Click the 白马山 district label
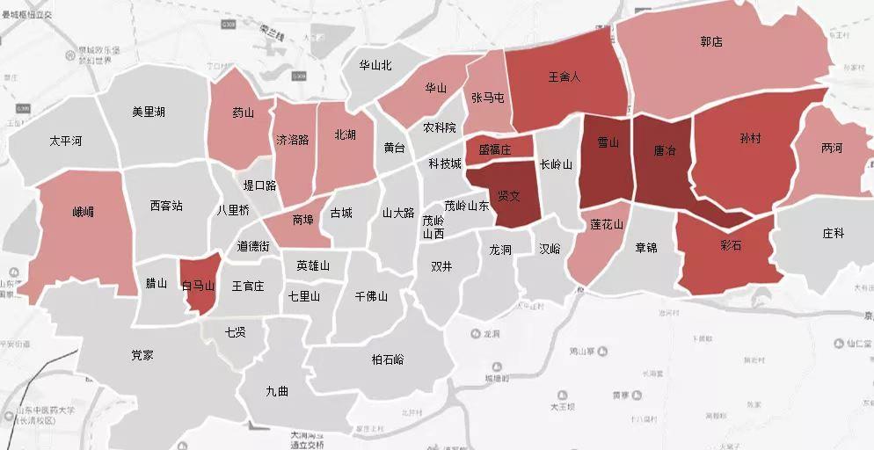point(199,286)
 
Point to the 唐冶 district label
point(666,151)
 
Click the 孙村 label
point(750,139)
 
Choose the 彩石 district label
point(731,246)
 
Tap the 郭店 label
point(711,41)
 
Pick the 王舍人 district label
point(564,76)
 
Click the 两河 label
point(832,148)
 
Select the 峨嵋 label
point(84,212)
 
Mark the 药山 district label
point(243,112)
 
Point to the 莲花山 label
point(607,225)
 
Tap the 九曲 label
point(277,391)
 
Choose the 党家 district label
point(142,355)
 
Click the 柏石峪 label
point(388,359)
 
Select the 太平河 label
point(66,141)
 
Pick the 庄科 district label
point(833,233)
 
